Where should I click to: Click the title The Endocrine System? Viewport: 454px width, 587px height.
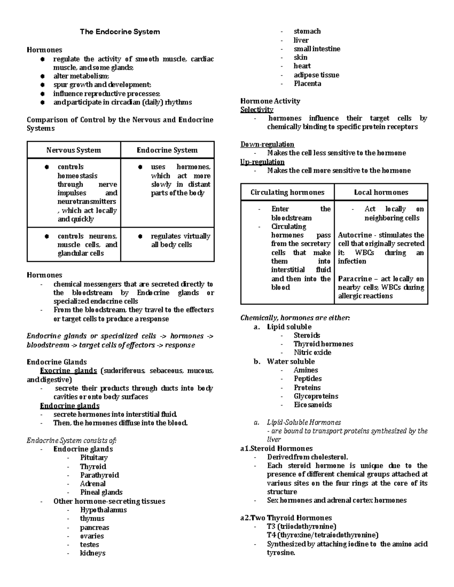coord(120,32)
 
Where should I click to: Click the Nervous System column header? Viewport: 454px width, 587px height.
coord(73,150)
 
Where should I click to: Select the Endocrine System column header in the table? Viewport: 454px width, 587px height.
coord(167,150)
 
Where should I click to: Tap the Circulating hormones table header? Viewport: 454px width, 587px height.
coord(287,192)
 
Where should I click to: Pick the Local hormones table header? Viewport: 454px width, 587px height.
coord(381,192)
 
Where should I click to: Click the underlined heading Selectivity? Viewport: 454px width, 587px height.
coord(257,110)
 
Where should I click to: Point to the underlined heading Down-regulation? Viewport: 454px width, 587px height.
coord(267,144)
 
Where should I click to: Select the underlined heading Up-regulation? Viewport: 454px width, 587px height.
coord(262,162)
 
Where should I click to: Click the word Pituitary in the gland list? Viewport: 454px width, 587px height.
coord(94,458)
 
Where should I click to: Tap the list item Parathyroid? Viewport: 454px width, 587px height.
coord(99,475)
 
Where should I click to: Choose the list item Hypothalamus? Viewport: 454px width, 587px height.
coord(103,510)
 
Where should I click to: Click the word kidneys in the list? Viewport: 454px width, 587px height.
coord(92,553)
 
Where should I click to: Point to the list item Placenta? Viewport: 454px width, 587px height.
coord(307,84)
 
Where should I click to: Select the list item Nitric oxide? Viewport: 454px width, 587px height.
coord(312,353)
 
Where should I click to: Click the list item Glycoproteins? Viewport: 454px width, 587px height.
coord(316,396)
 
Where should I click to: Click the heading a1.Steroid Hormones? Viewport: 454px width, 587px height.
coord(276,449)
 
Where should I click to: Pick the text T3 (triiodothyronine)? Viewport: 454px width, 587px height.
coord(302,527)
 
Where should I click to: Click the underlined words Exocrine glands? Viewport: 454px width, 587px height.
coord(68,371)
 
